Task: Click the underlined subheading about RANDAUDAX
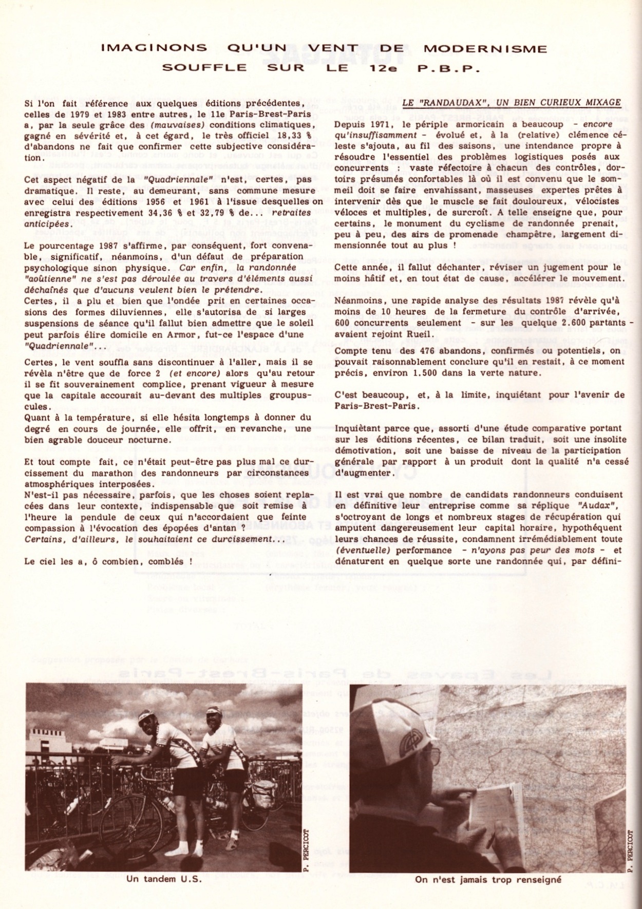point(512,102)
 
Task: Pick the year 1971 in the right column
point(381,125)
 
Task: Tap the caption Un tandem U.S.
point(163,878)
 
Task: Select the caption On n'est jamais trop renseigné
point(487,879)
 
